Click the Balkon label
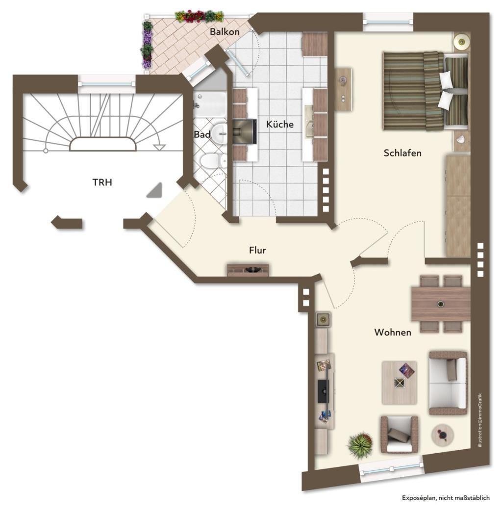click(225, 32)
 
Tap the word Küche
click(279, 124)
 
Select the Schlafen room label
click(402, 153)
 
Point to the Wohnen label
click(393, 332)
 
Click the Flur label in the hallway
click(257, 250)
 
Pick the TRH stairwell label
click(102, 182)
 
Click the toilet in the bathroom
click(213, 161)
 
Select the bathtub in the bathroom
click(210, 104)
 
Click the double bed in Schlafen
click(426, 91)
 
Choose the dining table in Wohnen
click(441, 304)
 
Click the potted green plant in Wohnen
click(360, 444)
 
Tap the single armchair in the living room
click(399, 435)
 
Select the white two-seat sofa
click(448, 383)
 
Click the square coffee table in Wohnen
click(400, 383)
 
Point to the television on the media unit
click(324, 391)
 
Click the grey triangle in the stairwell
click(155, 191)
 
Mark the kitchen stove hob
click(245, 132)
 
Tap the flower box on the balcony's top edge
click(199, 16)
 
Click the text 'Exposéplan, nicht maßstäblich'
click(446, 498)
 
